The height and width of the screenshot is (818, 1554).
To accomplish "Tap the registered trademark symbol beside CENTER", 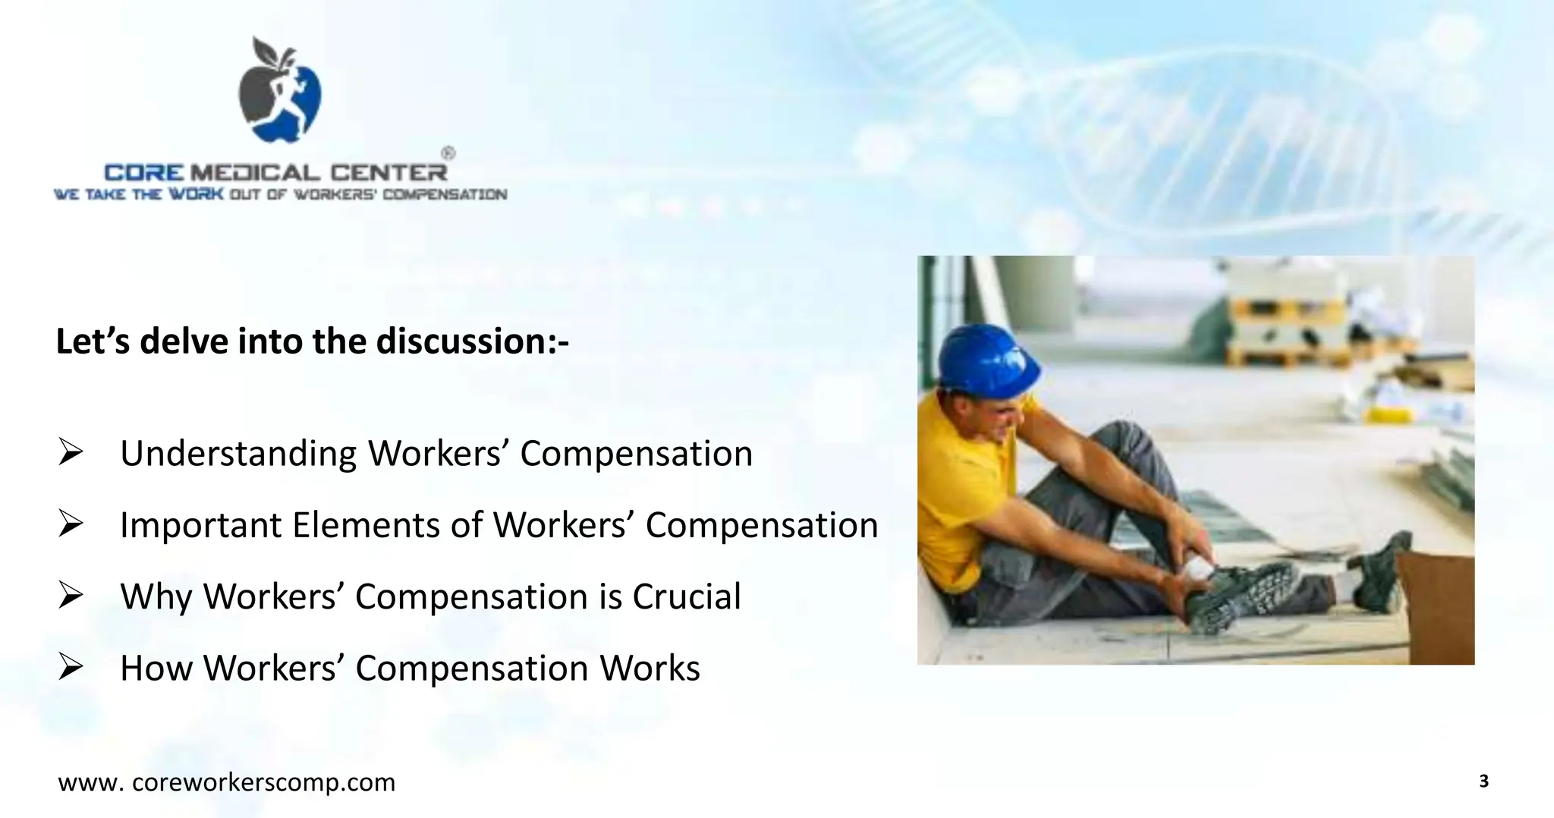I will [448, 153].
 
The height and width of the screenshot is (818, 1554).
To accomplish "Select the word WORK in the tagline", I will [196, 194].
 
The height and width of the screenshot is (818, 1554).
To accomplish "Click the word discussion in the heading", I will [460, 341].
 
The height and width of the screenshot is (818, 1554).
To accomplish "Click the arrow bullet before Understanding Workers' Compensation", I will [70, 454].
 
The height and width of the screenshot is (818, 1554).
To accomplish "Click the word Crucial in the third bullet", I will [686, 596].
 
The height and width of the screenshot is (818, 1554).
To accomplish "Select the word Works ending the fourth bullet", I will [650, 668].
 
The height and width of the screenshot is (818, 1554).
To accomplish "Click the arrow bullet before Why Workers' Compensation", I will [70, 596].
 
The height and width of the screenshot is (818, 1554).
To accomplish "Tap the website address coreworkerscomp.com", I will [263, 782].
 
